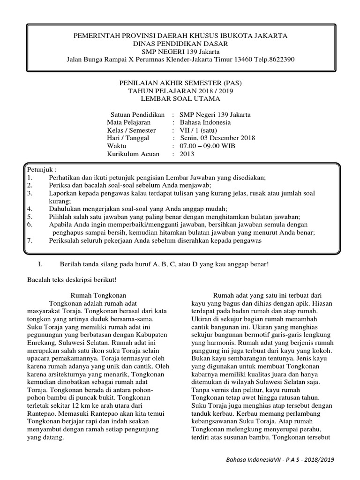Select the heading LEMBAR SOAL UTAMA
click(180, 98)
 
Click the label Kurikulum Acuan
click(133, 154)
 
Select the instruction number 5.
click(29, 217)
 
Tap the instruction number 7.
click(29, 240)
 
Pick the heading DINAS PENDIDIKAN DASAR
click(180, 43)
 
